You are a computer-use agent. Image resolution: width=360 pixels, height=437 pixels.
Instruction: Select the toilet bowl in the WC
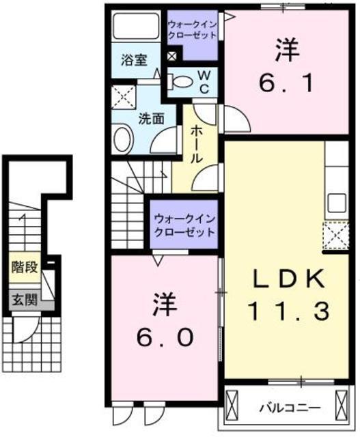[182, 81]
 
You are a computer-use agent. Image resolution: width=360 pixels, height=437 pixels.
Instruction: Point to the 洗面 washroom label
[151, 117]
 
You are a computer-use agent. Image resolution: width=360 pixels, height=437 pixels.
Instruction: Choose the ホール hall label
[196, 144]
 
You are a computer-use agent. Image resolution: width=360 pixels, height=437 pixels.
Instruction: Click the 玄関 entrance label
[23, 298]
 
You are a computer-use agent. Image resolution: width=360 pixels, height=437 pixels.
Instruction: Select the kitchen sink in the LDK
[337, 202]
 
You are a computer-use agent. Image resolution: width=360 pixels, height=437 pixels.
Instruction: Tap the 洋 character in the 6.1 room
[286, 50]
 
